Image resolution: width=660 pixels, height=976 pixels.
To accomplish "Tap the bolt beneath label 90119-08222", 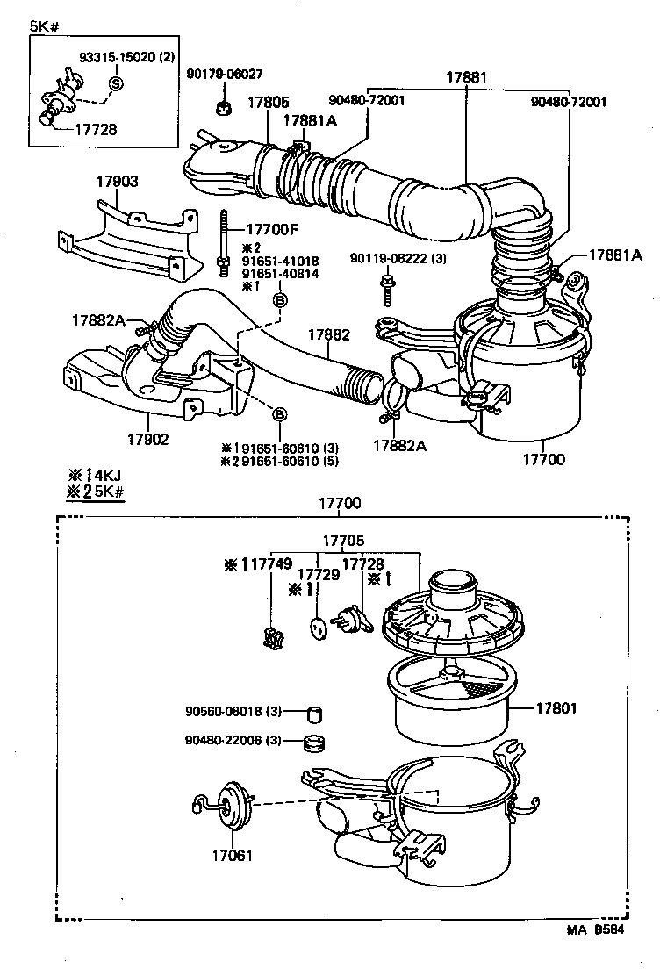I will coord(384,285).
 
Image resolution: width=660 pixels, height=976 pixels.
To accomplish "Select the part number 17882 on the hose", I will coord(328,334).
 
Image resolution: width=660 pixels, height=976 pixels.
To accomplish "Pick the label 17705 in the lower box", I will coord(342,542).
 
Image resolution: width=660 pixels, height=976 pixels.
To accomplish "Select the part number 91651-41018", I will coord(280,261).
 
